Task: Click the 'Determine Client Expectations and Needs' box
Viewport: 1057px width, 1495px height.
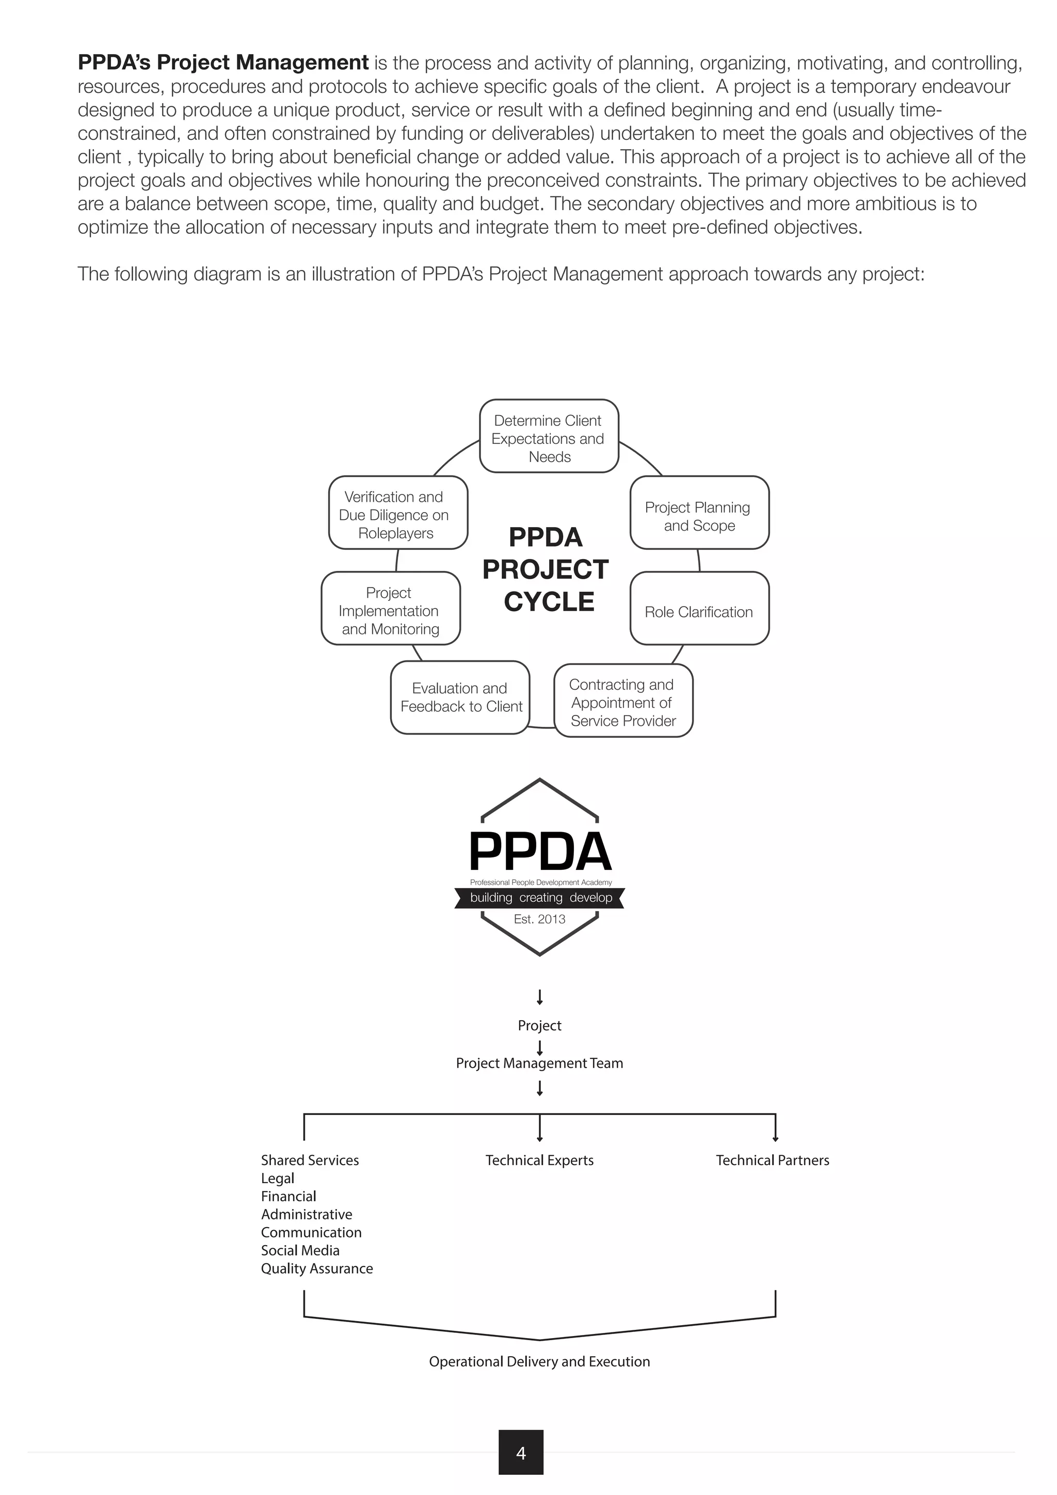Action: (549, 436)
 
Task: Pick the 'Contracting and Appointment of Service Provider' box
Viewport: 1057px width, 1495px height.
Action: (623, 701)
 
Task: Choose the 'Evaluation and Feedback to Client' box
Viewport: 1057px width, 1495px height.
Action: (460, 697)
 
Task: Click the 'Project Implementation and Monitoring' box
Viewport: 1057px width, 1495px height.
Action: (391, 609)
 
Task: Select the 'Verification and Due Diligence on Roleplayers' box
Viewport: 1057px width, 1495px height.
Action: (398, 513)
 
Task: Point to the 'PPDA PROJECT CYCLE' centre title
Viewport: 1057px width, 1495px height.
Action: (547, 570)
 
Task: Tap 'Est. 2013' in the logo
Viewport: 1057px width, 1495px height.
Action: (539, 919)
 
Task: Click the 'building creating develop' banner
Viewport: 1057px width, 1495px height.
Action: (540, 897)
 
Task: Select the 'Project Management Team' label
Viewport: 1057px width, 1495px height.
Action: (539, 1062)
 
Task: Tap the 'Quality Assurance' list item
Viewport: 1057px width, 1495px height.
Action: (317, 1268)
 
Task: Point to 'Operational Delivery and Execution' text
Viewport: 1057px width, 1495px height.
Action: (539, 1361)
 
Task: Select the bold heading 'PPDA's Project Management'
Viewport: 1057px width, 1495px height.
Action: (223, 62)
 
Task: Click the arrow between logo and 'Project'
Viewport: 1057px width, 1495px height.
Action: (539, 997)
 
